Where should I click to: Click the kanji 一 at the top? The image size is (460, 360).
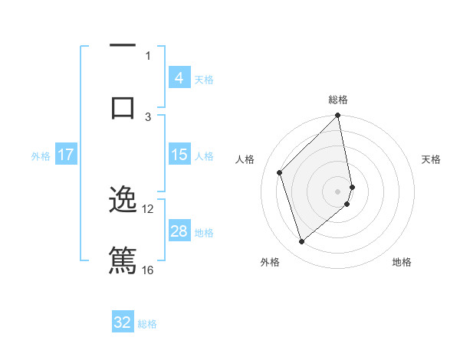pyautogui.click(x=123, y=47)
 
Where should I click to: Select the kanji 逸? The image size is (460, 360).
pyautogui.click(x=123, y=200)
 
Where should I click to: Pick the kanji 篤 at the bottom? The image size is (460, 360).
pyautogui.click(x=123, y=259)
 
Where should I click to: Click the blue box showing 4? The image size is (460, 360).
pyautogui.click(x=179, y=78)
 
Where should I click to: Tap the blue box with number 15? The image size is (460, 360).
pyautogui.click(x=179, y=155)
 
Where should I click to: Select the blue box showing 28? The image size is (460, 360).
pyautogui.click(x=179, y=231)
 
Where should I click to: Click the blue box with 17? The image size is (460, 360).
pyautogui.click(x=66, y=155)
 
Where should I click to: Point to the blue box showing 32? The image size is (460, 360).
pyautogui.click(x=123, y=322)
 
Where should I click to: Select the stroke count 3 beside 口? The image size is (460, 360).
pyautogui.click(x=148, y=116)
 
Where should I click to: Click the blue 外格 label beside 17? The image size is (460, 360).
pyautogui.click(x=41, y=155)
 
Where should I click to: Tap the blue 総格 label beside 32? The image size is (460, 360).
pyautogui.click(x=147, y=323)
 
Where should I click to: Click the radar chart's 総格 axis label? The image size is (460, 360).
pyautogui.click(x=338, y=100)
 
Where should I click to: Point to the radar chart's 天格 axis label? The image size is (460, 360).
pyautogui.click(x=431, y=159)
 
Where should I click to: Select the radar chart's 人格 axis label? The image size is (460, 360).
pyautogui.click(x=245, y=159)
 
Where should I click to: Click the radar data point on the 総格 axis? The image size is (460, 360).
pyautogui.click(x=338, y=116)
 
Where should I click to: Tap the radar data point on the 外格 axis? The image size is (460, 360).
pyautogui.click(x=301, y=242)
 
